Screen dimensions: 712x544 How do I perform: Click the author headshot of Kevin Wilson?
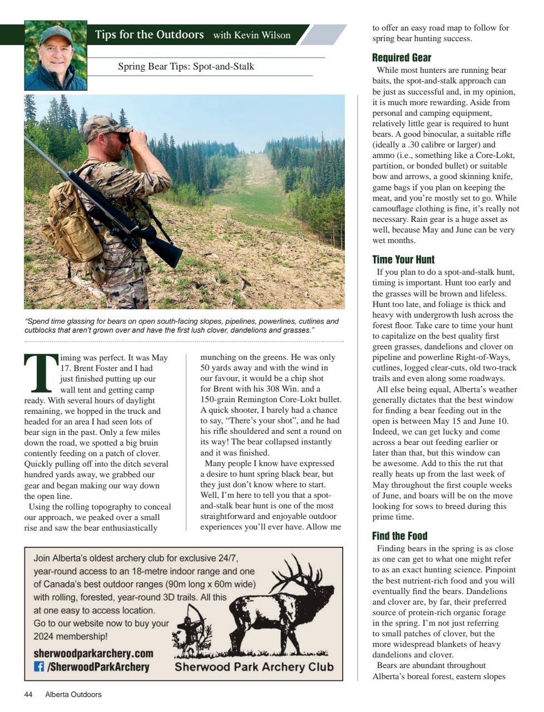click(56, 56)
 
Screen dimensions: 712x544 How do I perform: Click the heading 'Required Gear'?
click(402, 58)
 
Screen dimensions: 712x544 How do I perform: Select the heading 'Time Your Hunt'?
click(403, 260)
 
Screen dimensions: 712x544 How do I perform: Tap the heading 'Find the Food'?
click(399, 536)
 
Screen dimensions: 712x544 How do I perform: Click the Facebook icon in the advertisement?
click(39, 666)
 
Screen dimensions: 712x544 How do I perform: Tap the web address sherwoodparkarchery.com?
click(93, 654)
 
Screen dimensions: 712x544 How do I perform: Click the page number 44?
click(28, 695)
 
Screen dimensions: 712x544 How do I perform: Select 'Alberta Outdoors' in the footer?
click(73, 695)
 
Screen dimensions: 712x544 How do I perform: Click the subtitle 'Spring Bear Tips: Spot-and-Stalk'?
click(186, 67)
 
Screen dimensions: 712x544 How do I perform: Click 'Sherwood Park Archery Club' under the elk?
click(254, 667)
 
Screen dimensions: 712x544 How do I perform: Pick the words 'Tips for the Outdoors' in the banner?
click(149, 35)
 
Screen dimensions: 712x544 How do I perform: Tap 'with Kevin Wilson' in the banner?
click(251, 36)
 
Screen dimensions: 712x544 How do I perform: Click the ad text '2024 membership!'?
click(70, 636)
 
